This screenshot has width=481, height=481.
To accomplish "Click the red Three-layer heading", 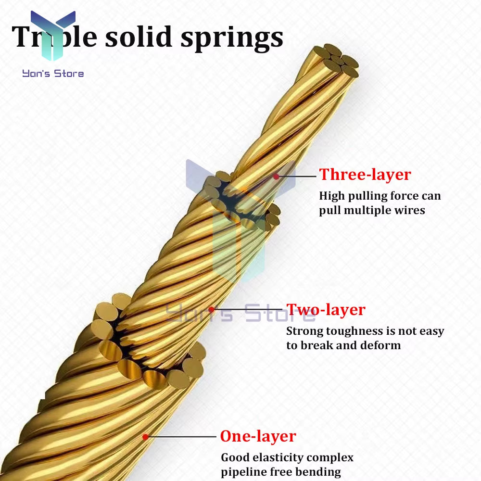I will pos(365,175).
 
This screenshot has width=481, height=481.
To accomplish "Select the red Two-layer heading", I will pos(326,310).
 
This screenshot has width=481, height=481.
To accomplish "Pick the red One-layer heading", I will pos(258,436).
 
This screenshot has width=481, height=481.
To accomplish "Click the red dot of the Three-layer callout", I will pos(276,177).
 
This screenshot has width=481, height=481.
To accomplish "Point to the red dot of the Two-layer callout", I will pos(211,309).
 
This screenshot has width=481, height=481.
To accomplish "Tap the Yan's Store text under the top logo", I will pos(53,74).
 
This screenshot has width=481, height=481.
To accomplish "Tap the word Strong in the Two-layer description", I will pos(304,331).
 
